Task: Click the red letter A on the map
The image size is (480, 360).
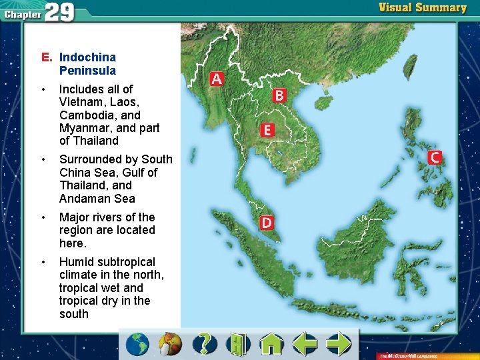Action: (216, 79)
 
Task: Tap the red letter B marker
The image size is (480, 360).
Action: (279, 95)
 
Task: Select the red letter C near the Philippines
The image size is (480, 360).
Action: (434, 157)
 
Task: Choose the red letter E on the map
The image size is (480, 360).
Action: (267, 129)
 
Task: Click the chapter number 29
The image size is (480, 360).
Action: (59, 12)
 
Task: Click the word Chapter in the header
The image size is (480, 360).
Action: (22, 14)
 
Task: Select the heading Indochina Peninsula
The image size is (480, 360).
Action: (87, 64)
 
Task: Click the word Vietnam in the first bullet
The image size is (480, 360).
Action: (79, 102)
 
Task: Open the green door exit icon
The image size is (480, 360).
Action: (237, 344)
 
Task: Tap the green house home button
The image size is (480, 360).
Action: (271, 344)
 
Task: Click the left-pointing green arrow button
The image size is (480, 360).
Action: (305, 344)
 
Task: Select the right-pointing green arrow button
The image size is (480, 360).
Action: (339, 344)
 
